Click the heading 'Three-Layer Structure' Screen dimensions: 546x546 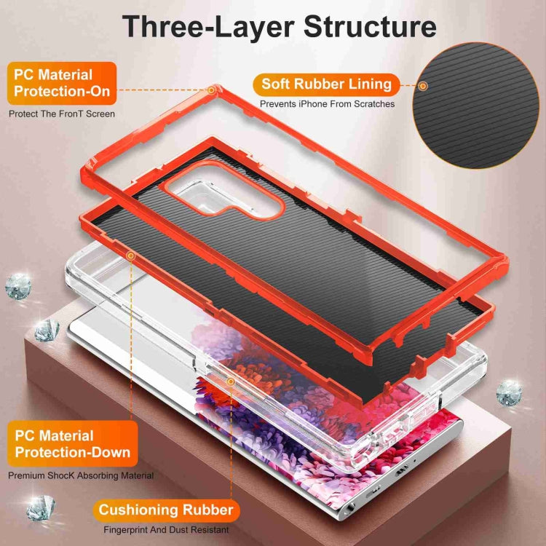[x=279, y=26]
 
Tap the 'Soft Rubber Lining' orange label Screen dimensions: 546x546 [x=327, y=84]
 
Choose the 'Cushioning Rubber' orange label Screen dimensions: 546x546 [x=166, y=509]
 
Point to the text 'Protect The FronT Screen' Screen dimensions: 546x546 [x=62, y=114]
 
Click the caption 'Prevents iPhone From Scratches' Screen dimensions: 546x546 [x=328, y=104]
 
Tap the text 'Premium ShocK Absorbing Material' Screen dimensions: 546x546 [x=81, y=475]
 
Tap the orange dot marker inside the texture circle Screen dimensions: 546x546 [x=423, y=86]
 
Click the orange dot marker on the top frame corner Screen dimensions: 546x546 [x=212, y=90]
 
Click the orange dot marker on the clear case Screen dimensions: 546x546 [x=231, y=381]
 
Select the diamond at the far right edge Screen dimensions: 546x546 [x=509, y=393]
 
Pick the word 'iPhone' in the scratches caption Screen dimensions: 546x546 [x=315, y=104]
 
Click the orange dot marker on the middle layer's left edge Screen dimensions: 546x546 [x=131, y=255]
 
